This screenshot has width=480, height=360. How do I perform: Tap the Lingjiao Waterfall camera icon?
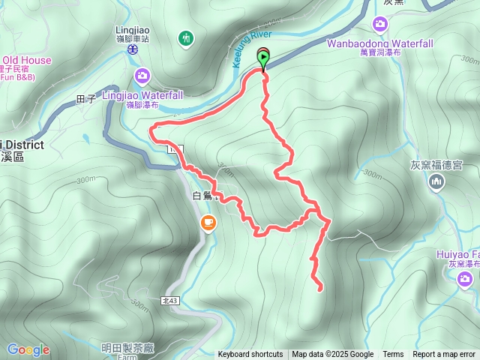click(x=142, y=75)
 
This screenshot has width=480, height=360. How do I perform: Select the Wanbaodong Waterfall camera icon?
click(x=380, y=25)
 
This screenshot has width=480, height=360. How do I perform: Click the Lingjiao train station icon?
click(x=132, y=49)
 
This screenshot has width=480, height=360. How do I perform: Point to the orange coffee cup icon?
click(x=208, y=222)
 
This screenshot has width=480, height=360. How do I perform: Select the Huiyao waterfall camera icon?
click(x=465, y=280)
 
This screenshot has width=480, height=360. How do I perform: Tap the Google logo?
click(x=28, y=349)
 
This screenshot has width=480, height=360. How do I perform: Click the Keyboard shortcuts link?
click(x=250, y=355)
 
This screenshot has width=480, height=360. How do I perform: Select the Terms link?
click(x=393, y=355)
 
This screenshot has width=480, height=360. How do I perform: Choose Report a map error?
click(x=445, y=355)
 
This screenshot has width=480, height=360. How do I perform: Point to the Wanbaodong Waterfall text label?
click(x=380, y=43)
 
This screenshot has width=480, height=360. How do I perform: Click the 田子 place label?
click(x=86, y=99)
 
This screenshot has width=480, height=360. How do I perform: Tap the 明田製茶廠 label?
click(x=127, y=347)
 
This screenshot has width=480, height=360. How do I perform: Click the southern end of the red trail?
click(x=321, y=289)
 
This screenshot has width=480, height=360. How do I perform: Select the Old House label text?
click(x=27, y=61)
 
